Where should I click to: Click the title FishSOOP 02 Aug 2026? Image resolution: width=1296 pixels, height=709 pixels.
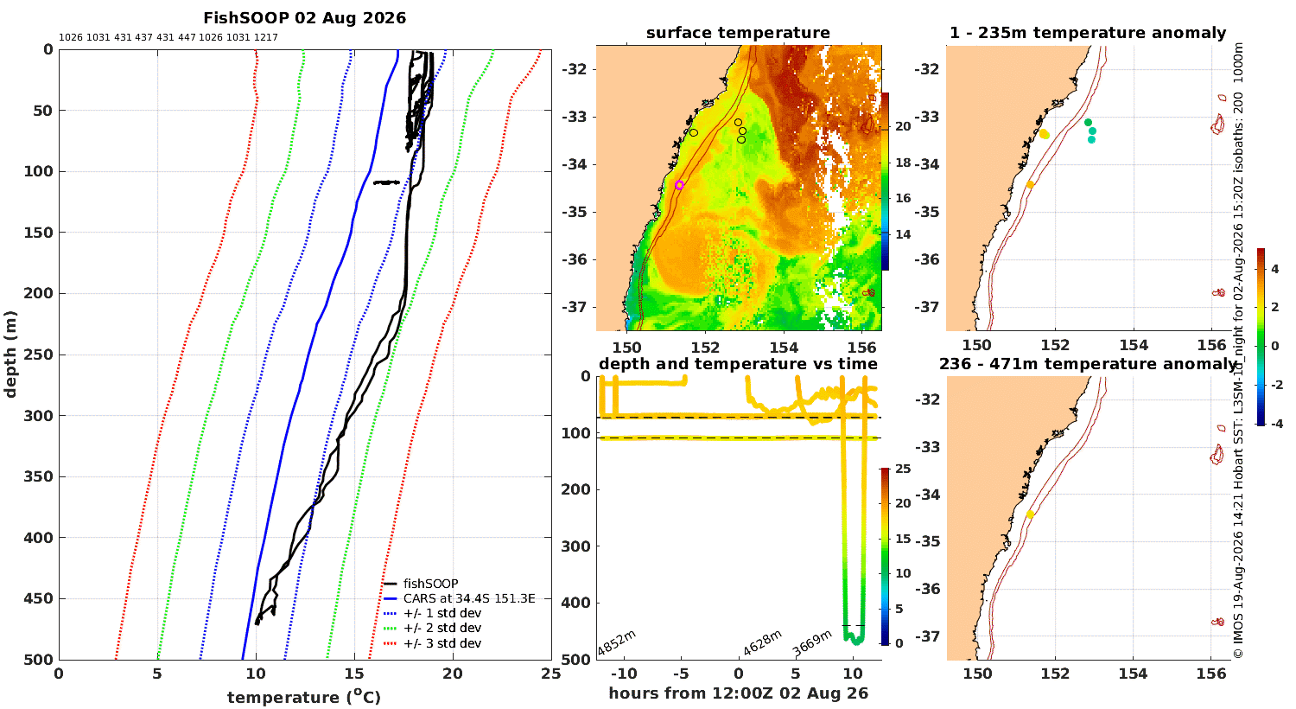304,18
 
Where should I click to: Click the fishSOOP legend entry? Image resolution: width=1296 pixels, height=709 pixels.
421,584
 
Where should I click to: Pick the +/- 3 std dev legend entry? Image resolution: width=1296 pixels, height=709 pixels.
432,643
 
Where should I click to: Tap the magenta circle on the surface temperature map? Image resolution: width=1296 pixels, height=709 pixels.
679,185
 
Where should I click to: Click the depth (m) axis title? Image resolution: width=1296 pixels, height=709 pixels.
10,354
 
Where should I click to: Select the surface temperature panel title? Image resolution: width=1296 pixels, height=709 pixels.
738,33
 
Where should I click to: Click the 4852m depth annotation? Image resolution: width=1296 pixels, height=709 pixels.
617,642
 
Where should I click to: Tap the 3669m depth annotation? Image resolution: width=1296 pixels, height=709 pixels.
812,643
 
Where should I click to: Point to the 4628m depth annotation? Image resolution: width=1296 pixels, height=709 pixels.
763,642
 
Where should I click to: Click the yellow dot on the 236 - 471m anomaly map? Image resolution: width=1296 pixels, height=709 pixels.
1030,514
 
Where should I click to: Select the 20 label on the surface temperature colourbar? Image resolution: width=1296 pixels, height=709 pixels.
903,126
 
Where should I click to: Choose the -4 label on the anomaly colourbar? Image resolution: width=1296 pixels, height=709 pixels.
1274,424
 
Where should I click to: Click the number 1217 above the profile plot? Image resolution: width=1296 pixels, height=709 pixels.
265,38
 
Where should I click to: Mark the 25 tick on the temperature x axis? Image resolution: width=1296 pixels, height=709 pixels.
551,674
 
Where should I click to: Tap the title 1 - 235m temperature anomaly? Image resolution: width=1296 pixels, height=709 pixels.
1088,33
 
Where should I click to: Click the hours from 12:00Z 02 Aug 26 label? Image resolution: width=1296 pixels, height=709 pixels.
738,693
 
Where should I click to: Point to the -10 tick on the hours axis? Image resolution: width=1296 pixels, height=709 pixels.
624,674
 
